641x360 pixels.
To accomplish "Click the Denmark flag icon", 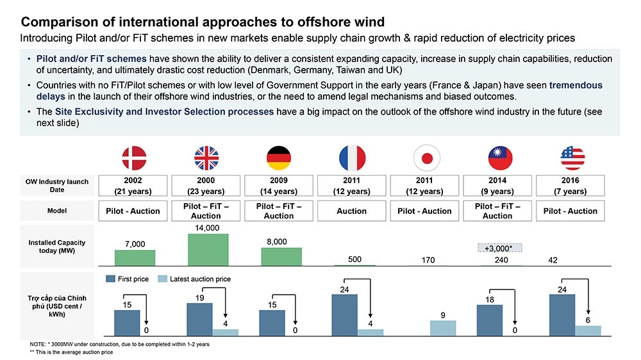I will pos(135,158).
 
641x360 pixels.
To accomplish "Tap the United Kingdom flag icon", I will pos(206,158).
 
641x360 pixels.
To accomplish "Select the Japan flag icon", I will pos(424,158).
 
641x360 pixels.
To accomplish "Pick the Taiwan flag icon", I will pos(497,158).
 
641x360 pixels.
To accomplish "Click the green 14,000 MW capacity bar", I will pos(208,249).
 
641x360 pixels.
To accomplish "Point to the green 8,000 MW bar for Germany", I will pos(280,256).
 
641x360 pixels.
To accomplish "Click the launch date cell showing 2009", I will pos(279,186).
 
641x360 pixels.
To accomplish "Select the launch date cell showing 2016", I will pos(570,186).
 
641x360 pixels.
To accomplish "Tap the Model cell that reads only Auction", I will pos(352,211).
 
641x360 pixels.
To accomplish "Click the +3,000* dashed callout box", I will pos(499,247).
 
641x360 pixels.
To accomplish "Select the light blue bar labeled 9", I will pos(443,327).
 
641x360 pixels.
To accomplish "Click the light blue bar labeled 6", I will pos(588,330).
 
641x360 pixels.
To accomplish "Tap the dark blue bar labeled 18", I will pos(489,320).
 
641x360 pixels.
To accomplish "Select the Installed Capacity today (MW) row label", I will pos(57,247).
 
